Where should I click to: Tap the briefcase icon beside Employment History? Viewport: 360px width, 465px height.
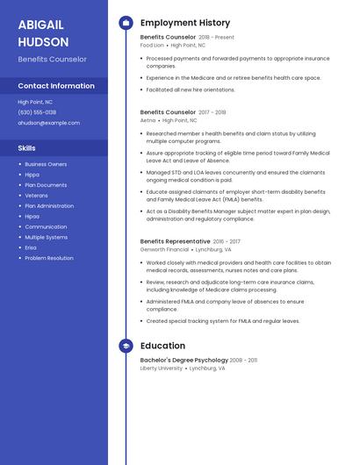(x=126, y=23)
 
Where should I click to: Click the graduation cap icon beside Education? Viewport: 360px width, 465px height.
(x=126, y=346)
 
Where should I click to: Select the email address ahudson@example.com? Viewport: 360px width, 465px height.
(x=48, y=123)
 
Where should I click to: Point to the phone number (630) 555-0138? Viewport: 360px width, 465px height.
(x=37, y=112)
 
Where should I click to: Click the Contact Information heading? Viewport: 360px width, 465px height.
(x=56, y=86)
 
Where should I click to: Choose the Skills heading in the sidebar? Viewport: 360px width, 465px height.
(x=27, y=148)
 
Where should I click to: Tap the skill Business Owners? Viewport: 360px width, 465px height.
(x=46, y=164)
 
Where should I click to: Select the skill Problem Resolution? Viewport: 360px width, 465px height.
(x=49, y=258)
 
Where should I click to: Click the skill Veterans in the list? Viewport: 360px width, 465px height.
(x=37, y=196)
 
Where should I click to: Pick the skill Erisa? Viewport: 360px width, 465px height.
(x=31, y=247)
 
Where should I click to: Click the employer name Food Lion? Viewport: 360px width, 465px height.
(x=152, y=45)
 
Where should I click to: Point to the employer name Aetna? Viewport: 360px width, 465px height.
(x=148, y=120)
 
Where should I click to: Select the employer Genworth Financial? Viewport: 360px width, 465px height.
(x=164, y=249)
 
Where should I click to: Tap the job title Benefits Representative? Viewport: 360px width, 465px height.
(x=175, y=241)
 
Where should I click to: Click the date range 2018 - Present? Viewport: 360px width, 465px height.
(x=217, y=38)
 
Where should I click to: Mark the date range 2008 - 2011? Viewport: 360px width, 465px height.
(x=243, y=361)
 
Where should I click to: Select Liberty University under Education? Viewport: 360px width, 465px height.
(x=162, y=368)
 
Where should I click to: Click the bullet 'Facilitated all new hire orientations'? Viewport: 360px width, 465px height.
(x=191, y=89)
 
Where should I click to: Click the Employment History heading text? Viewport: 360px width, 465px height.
(x=185, y=23)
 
